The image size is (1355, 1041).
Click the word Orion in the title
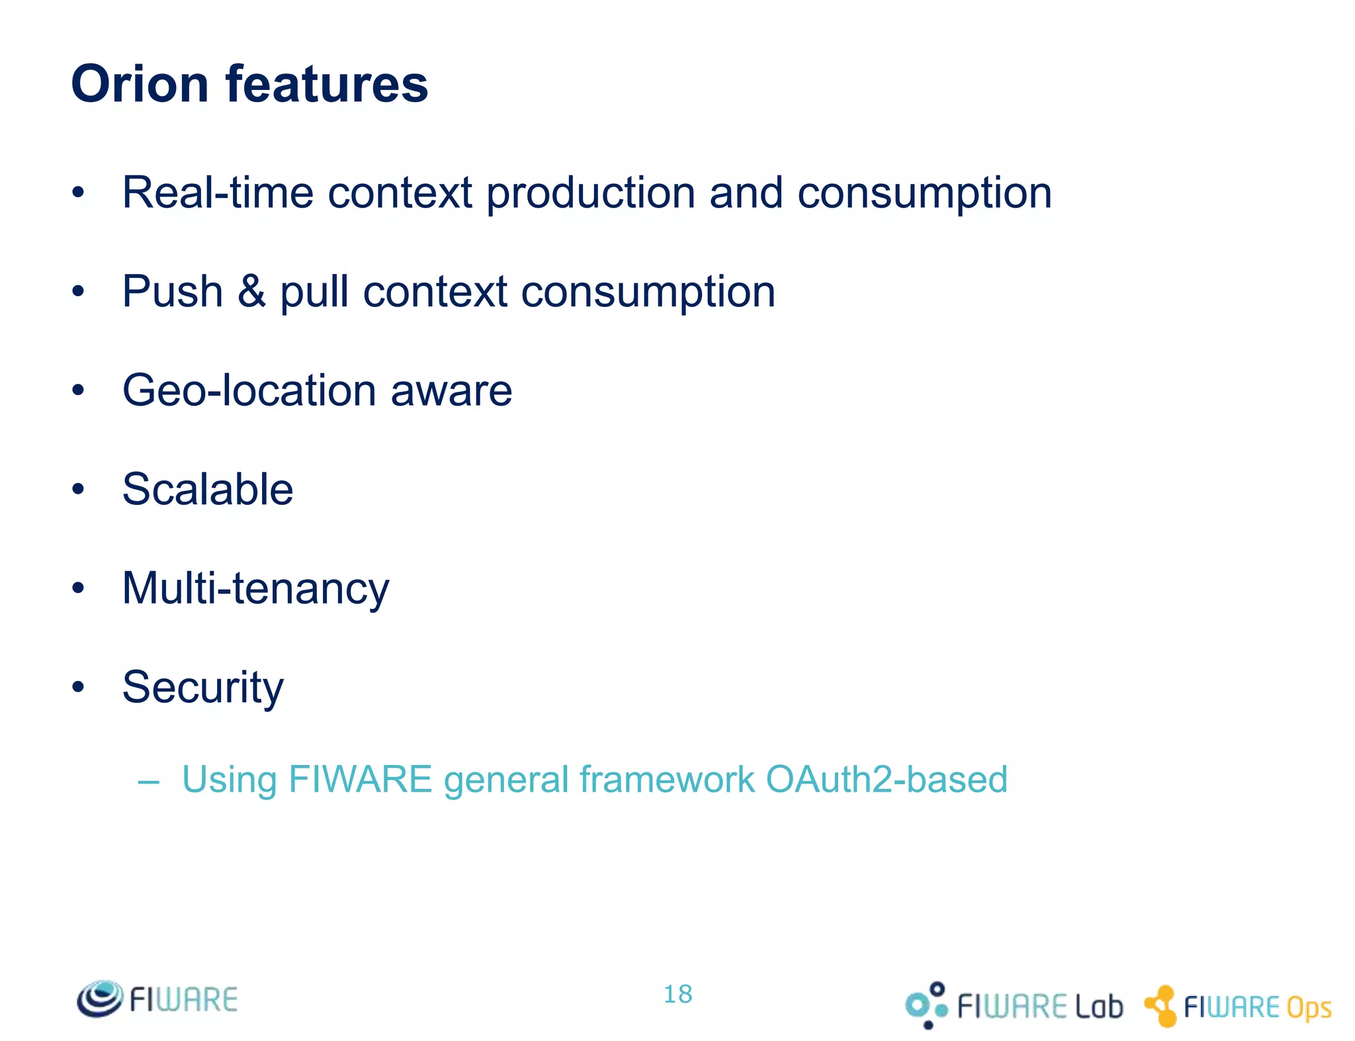(140, 84)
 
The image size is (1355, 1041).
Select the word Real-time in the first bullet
(218, 193)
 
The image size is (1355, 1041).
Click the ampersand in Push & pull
(251, 291)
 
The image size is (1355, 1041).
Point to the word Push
(173, 291)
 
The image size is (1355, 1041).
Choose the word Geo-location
(249, 390)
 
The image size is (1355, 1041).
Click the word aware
(451, 391)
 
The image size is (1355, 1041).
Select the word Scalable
(208, 489)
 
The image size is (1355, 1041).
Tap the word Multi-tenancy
(256, 589)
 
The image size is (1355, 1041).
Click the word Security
(203, 688)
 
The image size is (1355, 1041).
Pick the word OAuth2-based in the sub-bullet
(887, 779)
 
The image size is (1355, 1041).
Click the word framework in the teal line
(667, 779)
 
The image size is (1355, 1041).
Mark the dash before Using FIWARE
(149, 782)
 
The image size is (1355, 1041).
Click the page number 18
(677, 994)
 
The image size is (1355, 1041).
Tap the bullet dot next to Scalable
(79, 490)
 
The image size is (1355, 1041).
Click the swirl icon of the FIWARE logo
(100, 999)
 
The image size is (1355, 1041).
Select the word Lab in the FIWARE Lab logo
(1098, 1007)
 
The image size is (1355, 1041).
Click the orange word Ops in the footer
(1309, 1008)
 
